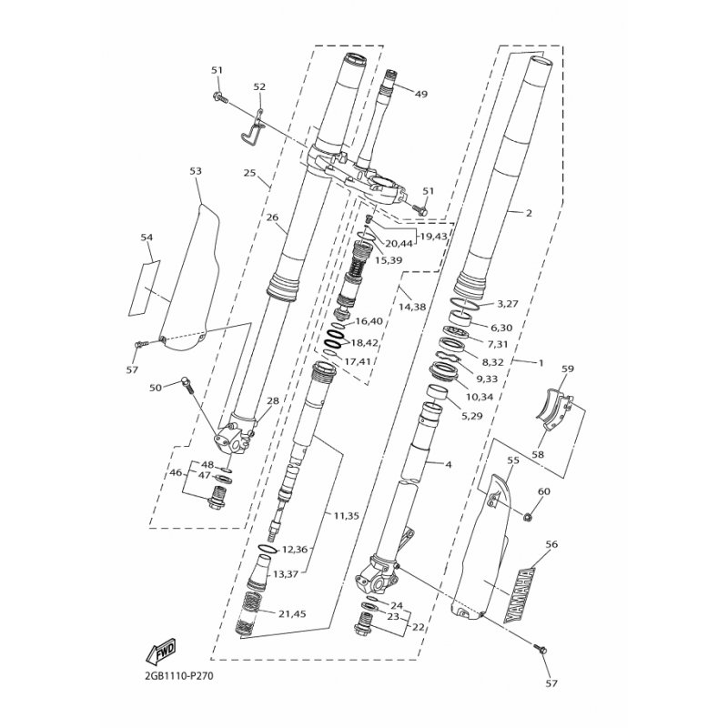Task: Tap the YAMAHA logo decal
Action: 520,594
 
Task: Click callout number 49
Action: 420,94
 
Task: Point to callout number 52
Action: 259,86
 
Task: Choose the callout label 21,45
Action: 292,613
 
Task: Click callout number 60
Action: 543,490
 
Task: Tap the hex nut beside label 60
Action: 527,516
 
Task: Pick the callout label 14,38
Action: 412,307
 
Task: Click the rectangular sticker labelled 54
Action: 145,288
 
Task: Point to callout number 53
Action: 196,171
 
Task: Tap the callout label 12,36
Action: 294,550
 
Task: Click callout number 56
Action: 551,544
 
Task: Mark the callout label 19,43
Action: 433,237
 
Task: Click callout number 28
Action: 273,400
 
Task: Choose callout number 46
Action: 176,473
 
